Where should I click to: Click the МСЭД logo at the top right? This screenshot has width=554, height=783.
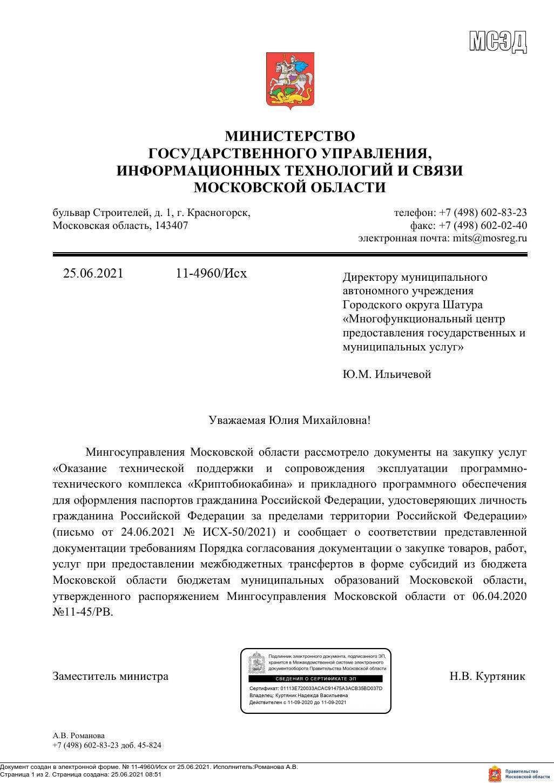[497, 42]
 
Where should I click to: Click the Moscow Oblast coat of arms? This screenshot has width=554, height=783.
[290, 80]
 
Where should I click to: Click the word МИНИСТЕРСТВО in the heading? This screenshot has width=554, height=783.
[290, 136]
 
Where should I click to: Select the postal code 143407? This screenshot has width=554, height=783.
[171, 226]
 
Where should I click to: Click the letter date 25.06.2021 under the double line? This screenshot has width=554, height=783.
[93, 273]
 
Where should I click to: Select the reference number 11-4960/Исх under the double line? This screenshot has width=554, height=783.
[211, 273]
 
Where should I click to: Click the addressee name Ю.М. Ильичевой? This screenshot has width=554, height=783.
[387, 374]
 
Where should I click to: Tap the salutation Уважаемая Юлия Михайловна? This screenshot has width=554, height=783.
[290, 420]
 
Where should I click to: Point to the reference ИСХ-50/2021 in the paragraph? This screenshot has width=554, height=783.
[239, 532]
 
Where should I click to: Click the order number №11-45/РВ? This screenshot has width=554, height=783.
[83, 613]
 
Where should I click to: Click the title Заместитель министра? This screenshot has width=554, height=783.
[110, 676]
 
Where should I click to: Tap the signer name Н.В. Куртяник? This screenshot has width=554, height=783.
[487, 676]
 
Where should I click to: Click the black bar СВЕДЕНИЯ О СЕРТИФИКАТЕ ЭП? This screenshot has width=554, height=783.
[315, 679]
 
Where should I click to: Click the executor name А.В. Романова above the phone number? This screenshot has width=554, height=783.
[79, 735]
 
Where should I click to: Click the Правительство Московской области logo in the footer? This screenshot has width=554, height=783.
[519, 773]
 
